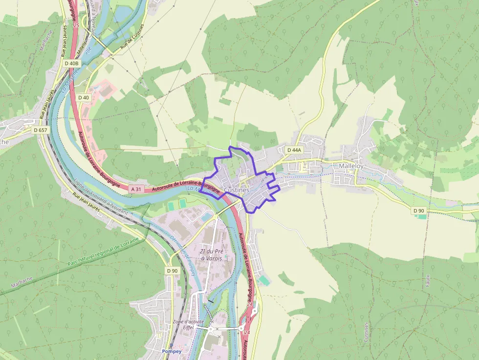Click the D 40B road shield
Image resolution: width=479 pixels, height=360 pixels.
tap(71, 63)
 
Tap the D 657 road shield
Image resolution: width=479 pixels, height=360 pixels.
tap(41, 130)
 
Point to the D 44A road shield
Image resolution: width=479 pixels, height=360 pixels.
tap(295, 150)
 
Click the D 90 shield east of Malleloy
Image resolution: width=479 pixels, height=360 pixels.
tap(419, 211)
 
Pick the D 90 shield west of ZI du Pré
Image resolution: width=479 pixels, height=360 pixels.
tap(172, 271)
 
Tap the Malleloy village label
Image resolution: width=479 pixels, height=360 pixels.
tap(351, 166)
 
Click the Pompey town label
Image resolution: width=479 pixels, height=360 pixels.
tap(172, 351)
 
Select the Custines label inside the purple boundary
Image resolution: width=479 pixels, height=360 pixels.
tap(237, 190)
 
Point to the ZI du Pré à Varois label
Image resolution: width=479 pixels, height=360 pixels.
tap(211, 254)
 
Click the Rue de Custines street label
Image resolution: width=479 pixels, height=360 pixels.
tap(132, 38)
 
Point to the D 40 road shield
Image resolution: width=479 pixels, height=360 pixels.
tap(84, 97)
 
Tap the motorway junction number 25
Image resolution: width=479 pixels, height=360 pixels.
tap(76, 24)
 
